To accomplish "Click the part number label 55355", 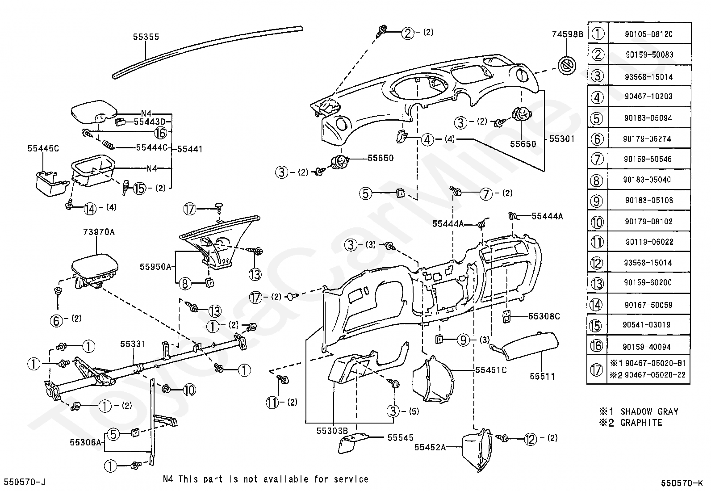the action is (146, 37).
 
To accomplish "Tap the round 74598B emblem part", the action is (567, 66).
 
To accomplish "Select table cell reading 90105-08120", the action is (649, 34).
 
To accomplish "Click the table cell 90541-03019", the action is (647, 325).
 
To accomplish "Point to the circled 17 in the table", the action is (596, 369).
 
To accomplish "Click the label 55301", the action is (562, 139).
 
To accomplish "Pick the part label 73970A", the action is (99, 232).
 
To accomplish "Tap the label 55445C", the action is (43, 148).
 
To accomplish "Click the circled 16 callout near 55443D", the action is (161, 133).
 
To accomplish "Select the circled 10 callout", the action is (189, 390).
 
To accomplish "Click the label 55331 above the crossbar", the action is (133, 344).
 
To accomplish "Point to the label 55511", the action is (542, 376).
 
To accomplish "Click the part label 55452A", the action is (430, 447).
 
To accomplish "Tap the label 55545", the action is (401, 438).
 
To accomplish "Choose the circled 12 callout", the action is (531, 439).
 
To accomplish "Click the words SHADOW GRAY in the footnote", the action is (649, 411).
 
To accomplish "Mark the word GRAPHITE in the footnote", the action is (641, 423).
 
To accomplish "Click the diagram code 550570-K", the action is (682, 483).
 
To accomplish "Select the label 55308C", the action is (544, 316).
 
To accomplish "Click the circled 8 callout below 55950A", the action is (185, 284).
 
